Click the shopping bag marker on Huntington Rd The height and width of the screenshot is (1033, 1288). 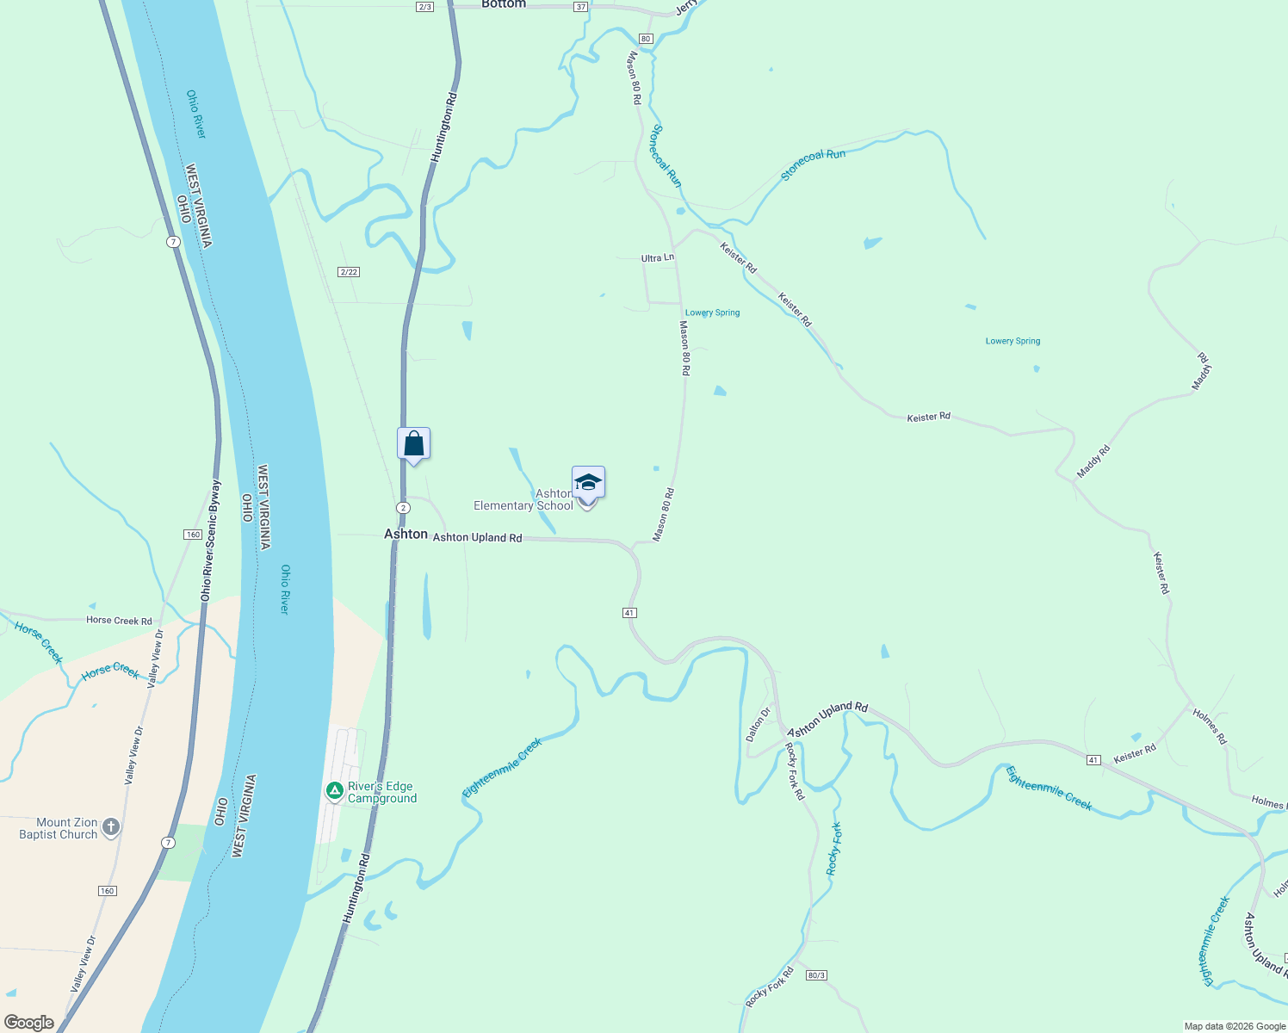[x=413, y=444]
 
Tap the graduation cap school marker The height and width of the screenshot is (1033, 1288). [x=588, y=484]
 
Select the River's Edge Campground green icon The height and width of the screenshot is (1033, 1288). [x=335, y=790]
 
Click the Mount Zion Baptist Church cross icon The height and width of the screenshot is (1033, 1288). [x=110, y=828]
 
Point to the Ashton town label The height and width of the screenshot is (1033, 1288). [x=406, y=535]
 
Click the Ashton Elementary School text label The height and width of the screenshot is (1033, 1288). [x=524, y=500]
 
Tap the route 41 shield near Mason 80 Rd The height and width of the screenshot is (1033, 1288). [x=629, y=613]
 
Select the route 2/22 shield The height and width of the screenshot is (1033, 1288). [x=349, y=272]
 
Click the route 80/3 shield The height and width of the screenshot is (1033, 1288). [x=816, y=975]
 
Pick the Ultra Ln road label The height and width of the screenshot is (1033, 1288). [x=658, y=258]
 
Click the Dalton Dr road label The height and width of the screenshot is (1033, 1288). [x=759, y=724]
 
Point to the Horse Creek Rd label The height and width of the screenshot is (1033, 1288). [x=119, y=621]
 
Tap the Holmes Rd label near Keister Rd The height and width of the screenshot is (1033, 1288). [x=1210, y=727]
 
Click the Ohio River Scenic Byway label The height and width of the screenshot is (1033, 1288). [x=211, y=541]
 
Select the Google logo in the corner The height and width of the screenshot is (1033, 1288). [x=29, y=1023]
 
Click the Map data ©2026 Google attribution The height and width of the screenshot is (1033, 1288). [x=1235, y=1026]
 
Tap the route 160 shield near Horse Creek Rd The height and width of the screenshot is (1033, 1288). [x=193, y=535]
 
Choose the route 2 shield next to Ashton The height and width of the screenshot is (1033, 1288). [x=403, y=508]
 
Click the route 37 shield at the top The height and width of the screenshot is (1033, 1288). [x=581, y=7]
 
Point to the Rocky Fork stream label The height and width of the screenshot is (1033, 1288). [x=833, y=849]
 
